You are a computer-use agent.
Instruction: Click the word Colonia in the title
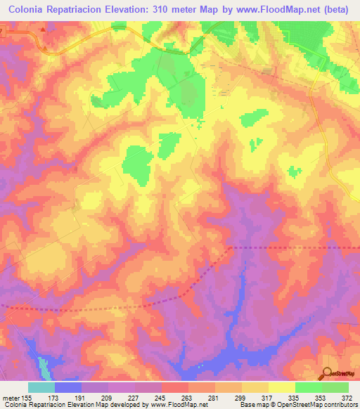tap(27, 11)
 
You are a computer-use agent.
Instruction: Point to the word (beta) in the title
tap(337, 11)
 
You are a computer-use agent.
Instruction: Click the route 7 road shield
tap(1, 32)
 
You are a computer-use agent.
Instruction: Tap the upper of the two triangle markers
tap(43, 30)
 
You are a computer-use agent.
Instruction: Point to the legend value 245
tap(162, 398)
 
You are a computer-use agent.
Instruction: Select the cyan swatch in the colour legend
tap(41, 387)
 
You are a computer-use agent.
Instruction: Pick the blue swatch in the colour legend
tap(67, 387)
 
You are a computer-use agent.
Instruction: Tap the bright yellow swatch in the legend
tap(281, 387)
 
